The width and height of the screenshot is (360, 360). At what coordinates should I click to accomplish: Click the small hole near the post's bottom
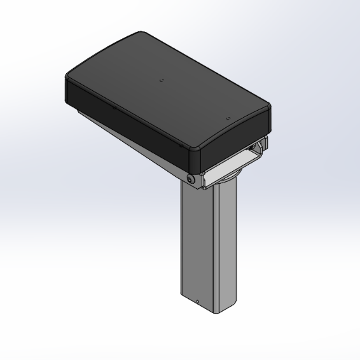[197, 301]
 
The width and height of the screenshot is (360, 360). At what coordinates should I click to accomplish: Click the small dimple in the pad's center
[161, 80]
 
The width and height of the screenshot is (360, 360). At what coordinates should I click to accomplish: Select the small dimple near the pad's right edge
[227, 118]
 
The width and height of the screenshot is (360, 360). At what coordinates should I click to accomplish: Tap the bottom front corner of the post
[214, 312]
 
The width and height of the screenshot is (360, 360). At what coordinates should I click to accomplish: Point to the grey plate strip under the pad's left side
[127, 137]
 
